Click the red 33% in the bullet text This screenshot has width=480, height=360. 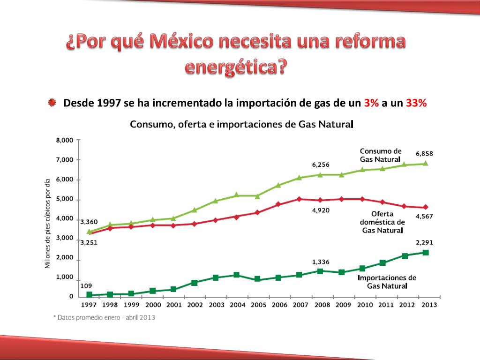tap(416, 104)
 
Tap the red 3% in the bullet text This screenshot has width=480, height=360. tap(371, 104)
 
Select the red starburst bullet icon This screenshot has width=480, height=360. tap(52, 103)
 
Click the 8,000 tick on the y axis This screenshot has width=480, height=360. tap(65, 140)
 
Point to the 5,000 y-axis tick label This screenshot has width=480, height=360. tap(65, 199)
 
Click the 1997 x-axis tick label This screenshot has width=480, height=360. tap(89, 305)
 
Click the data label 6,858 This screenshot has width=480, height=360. tap(425, 153)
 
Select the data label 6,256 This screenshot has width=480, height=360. tap(321, 165)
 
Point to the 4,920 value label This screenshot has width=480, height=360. tap(321, 210)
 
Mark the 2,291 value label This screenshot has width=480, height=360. tap(425, 242)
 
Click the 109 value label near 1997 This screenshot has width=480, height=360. tap(86, 286)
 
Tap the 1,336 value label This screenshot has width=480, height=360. tap(321, 262)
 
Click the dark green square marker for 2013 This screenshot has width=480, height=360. tap(426, 253)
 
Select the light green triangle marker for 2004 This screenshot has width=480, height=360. tap(236, 195)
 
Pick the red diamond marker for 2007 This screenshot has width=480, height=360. tap(299, 199)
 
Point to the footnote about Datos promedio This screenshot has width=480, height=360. tap(104, 317)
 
